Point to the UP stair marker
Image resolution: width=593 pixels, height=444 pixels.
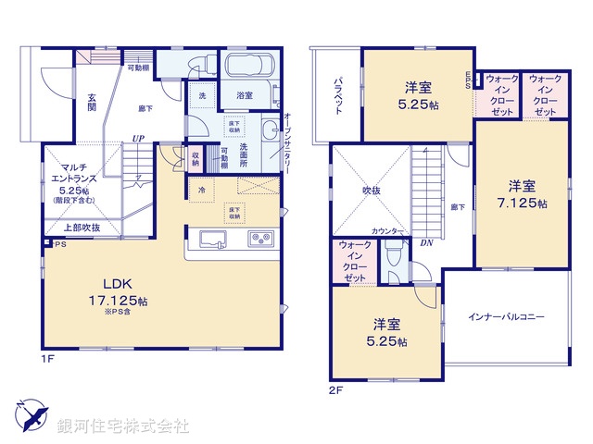tap(138, 139)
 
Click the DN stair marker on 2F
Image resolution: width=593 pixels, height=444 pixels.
tap(427, 244)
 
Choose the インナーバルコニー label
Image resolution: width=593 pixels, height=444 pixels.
tap(506, 316)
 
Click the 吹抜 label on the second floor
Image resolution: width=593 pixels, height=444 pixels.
tap(372, 191)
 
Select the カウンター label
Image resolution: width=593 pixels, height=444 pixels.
tap(386, 230)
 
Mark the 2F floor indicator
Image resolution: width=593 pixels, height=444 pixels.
tap(335, 390)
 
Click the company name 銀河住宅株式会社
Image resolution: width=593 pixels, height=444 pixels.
tap(122, 426)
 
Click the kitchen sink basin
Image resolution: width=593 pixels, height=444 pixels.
tap(215, 240)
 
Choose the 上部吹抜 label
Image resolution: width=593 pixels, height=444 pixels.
tap(82, 228)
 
